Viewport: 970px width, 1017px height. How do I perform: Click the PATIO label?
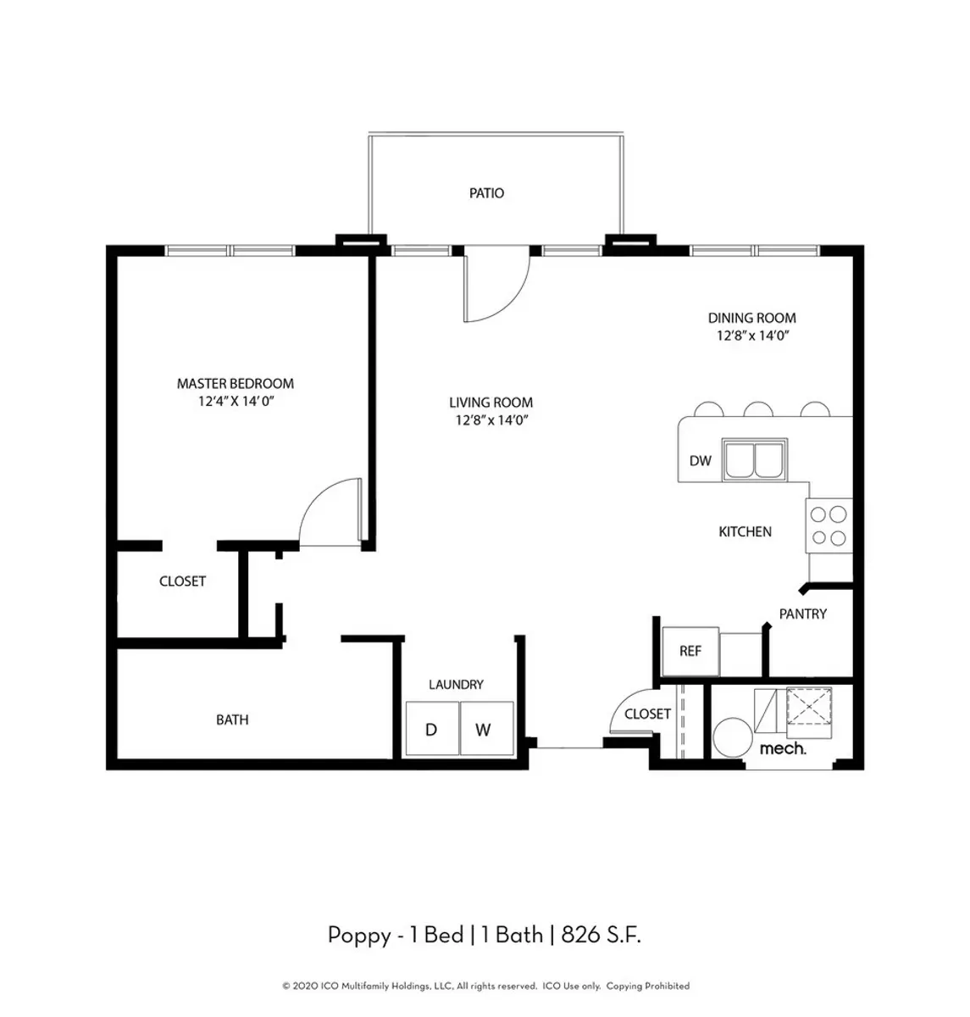tap(486, 193)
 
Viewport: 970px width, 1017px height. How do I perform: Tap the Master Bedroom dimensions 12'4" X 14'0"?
tap(236, 401)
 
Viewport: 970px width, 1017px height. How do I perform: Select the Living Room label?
tap(491, 402)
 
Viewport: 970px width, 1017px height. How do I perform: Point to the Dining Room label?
tap(751, 318)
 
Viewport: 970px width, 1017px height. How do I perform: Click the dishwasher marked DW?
tap(700, 460)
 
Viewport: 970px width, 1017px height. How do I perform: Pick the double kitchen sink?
tap(755, 459)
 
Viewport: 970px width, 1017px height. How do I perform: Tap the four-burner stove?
tap(829, 525)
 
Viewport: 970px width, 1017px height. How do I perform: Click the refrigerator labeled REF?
tap(690, 651)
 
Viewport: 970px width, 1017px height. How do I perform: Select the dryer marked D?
tap(432, 728)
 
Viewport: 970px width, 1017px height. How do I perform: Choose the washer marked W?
tap(486, 728)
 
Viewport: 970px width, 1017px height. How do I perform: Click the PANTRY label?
tap(802, 614)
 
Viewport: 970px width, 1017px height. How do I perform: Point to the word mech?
tap(782, 748)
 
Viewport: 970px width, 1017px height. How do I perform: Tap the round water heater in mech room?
tap(733, 737)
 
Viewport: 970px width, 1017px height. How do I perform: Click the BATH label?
tap(232, 720)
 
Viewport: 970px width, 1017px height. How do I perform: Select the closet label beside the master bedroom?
tap(182, 581)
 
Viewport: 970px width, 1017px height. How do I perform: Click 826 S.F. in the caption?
tap(601, 935)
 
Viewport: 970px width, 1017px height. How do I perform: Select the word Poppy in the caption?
tap(359, 936)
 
